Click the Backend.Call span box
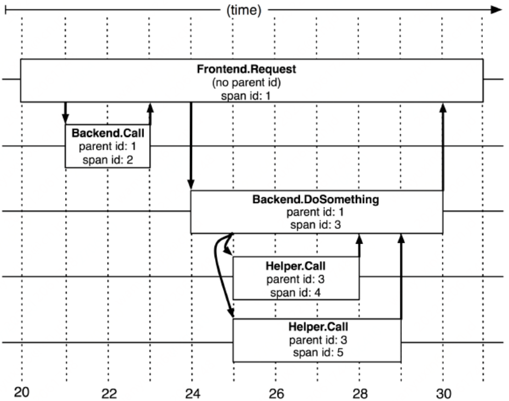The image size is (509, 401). tap(107, 146)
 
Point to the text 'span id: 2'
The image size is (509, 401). tap(107, 160)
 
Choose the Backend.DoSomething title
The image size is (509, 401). tap(315, 199)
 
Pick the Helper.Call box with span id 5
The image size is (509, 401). tap(317, 340)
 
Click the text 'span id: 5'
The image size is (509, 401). tap(318, 352)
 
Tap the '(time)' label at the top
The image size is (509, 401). tap(244, 10)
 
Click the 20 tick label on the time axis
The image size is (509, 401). tap(22, 392)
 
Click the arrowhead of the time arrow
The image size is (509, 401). tap(496, 9)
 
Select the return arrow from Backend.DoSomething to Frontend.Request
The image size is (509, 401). tap(443, 148)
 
